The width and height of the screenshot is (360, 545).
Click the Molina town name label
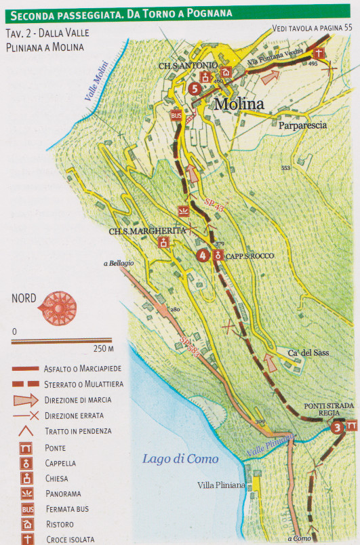[x=243, y=104]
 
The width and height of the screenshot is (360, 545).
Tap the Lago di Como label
[x=180, y=459]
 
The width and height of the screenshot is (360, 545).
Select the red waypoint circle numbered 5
[x=195, y=88]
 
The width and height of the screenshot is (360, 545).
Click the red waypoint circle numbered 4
[x=202, y=256]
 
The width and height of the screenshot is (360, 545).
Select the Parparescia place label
[x=302, y=125]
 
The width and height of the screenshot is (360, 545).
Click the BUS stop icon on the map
[x=176, y=116]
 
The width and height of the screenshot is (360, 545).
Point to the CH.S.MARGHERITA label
[x=138, y=230]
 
